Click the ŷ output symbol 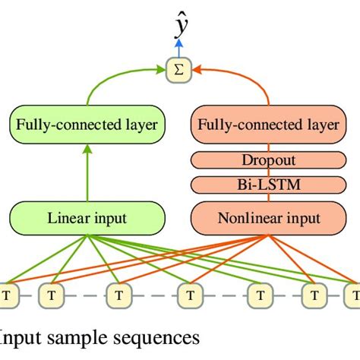pos(181,27)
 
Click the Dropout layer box pos(269,161)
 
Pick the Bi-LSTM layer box pos(269,185)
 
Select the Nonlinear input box pos(269,219)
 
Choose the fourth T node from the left pos(188,293)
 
